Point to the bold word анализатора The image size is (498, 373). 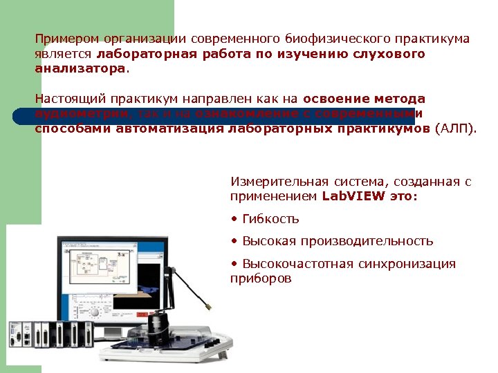(80, 69)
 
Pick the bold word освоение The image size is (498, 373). (334, 99)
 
